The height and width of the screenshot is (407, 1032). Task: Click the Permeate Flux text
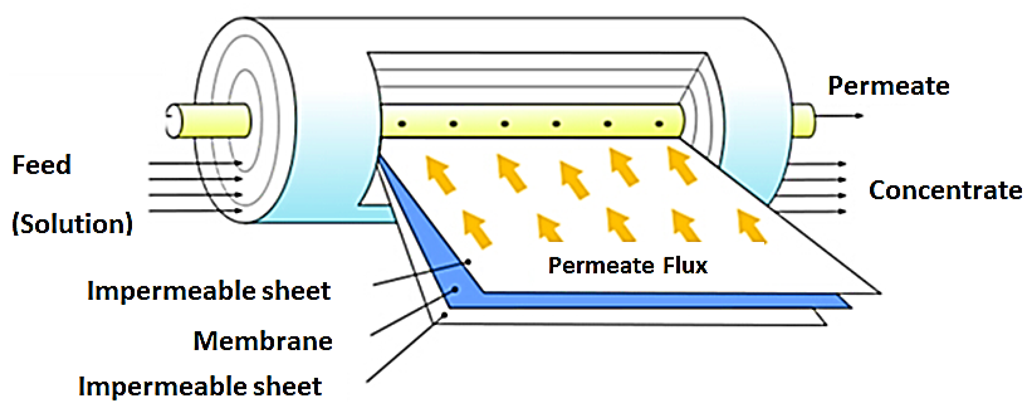(x=628, y=265)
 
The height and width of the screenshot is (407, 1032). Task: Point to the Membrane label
(x=263, y=341)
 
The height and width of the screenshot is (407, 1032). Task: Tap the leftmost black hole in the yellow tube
(x=402, y=124)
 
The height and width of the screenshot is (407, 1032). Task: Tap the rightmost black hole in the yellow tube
(x=659, y=124)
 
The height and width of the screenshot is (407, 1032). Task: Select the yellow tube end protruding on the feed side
(x=212, y=121)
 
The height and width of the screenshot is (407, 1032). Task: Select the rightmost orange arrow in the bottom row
(x=752, y=227)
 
